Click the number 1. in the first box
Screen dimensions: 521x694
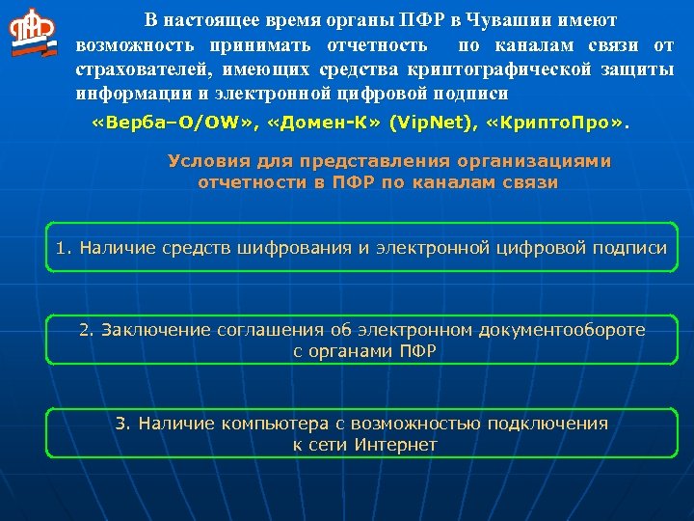64,248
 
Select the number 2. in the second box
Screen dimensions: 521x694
87,330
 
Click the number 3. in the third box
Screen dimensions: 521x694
122,423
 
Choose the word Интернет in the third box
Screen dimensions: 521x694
396,445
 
